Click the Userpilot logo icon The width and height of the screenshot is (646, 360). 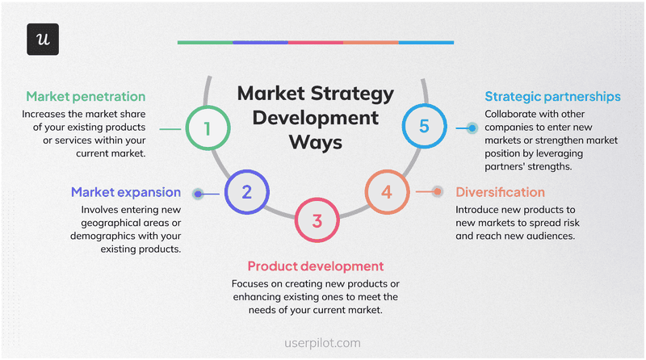(43, 40)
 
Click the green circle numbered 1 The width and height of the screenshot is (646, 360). (208, 128)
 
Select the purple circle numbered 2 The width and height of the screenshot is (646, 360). (247, 192)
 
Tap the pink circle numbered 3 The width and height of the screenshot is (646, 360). (317, 220)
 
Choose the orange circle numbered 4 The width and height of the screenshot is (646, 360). (387, 192)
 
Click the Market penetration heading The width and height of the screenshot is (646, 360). (86, 96)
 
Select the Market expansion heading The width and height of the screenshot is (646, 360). (125, 192)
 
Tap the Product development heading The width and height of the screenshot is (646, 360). (315, 266)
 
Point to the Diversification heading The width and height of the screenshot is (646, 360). (500, 192)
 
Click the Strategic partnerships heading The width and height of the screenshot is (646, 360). (553, 96)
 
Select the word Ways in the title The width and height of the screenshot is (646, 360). (316, 142)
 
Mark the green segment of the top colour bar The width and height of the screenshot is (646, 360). (205, 42)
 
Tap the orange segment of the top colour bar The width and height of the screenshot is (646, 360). (371, 42)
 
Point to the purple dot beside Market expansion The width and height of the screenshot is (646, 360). (198, 193)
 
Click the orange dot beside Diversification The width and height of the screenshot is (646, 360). (437, 192)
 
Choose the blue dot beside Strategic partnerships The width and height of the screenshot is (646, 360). (472, 128)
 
